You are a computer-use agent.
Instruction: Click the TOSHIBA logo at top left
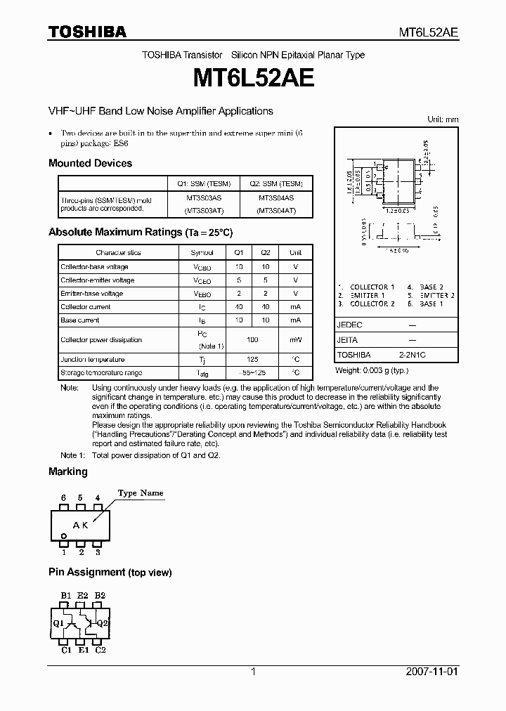click(x=87, y=32)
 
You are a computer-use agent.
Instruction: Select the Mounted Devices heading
click(x=90, y=163)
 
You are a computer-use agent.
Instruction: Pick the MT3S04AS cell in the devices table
click(x=275, y=199)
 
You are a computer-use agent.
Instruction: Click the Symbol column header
click(x=202, y=252)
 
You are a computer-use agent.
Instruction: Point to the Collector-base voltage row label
click(x=94, y=267)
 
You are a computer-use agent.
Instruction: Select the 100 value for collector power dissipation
click(x=252, y=340)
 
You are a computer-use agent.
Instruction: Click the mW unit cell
click(x=295, y=340)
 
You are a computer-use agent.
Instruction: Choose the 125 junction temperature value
click(x=252, y=360)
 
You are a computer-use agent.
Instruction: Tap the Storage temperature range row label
click(x=101, y=373)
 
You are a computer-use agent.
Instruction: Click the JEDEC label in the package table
click(x=349, y=325)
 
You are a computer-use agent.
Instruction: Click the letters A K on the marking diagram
click(x=81, y=525)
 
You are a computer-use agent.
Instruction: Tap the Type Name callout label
click(x=140, y=493)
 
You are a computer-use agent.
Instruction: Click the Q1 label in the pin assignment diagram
click(x=58, y=622)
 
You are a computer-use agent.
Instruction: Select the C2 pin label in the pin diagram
click(x=100, y=650)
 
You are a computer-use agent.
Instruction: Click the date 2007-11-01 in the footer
click(x=432, y=672)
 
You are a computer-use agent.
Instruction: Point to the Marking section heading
click(x=68, y=471)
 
